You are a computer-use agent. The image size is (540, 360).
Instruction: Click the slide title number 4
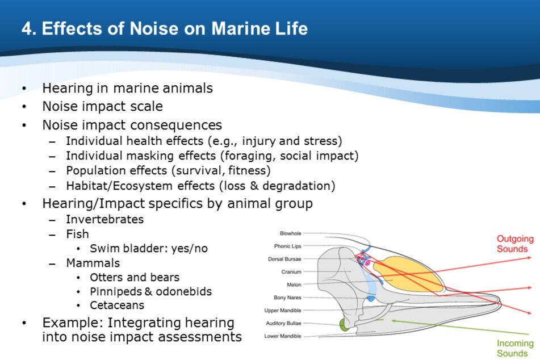(x=28, y=28)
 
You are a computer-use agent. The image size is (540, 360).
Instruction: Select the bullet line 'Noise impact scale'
(x=102, y=106)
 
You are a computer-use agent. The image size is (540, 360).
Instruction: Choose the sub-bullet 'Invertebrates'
(x=104, y=219)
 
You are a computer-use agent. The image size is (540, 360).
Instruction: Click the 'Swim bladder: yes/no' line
(x=149, y=248)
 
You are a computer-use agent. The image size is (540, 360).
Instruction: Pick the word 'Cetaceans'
(x=117, y=305)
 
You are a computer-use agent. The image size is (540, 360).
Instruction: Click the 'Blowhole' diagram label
(x=290, y=233)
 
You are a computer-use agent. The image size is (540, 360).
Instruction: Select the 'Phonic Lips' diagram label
(x=287, y=246)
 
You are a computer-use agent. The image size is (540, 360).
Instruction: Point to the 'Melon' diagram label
(x=294, y=284)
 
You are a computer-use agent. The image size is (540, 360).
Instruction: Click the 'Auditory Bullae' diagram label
(x=283, y=323)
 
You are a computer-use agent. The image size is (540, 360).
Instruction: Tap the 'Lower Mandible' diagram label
(x=283, y=336)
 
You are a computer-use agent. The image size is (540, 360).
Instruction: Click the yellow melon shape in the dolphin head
(x=408, y=274)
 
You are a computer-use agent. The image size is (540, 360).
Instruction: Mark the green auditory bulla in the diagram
(x=344, y=325)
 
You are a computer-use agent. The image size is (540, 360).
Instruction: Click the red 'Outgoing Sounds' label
(x=515, y=244)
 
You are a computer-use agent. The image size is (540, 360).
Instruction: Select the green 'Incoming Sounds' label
(x=515, y=348)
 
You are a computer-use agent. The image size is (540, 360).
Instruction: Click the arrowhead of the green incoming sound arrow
(x=393, y=321)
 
